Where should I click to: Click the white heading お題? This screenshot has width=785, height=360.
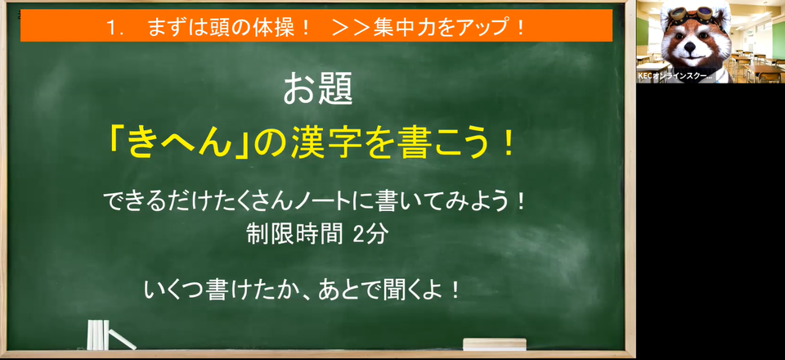(x=318, y=89)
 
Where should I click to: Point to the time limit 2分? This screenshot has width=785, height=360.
(x=370, y=234)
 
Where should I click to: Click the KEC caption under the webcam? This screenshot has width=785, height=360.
(x=675, y=76)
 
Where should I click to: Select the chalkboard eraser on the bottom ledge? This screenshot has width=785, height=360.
(x=494, y=344)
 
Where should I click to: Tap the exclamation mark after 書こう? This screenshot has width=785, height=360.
(x=509, y=144)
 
